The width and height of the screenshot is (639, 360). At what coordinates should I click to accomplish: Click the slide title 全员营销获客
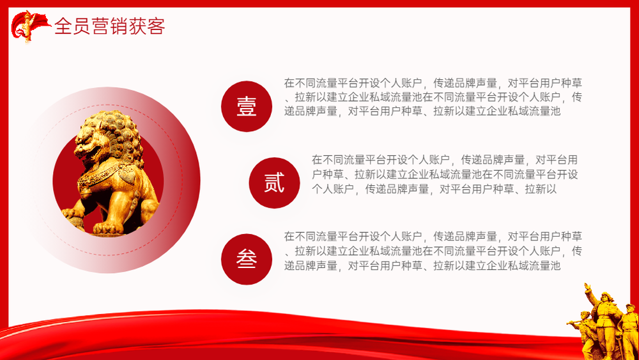110,26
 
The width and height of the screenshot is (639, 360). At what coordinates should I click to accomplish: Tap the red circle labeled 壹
247,106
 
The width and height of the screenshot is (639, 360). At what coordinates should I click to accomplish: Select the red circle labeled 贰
274,183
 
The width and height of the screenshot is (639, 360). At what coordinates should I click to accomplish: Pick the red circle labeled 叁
247,260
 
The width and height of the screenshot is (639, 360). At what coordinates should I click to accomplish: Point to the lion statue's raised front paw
73,214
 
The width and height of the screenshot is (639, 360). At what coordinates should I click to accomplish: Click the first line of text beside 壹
433,83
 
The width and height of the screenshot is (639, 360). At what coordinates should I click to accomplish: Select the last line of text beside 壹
422,111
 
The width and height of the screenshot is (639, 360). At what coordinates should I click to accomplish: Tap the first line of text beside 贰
445,160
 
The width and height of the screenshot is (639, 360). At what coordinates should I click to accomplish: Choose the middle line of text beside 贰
445,175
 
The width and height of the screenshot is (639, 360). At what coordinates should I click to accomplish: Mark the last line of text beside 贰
434,189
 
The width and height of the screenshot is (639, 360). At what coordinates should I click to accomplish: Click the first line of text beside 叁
433,237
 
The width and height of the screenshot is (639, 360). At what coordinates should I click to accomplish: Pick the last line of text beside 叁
422,266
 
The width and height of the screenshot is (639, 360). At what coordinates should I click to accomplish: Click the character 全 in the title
63,26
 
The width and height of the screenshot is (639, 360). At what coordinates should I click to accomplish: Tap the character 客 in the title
156,26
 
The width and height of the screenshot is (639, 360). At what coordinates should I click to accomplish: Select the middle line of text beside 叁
433,251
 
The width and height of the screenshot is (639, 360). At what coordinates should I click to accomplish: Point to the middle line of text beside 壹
433,97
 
